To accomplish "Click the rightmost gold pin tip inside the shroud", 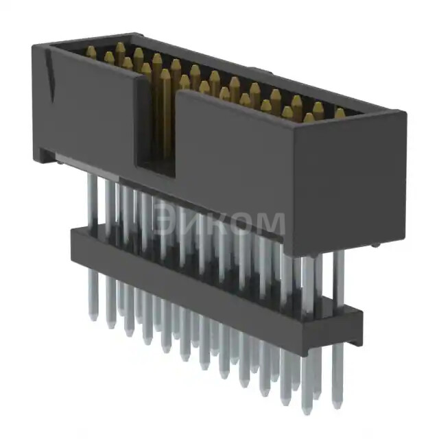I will (340, 112).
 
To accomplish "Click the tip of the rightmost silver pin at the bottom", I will (336, 405).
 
